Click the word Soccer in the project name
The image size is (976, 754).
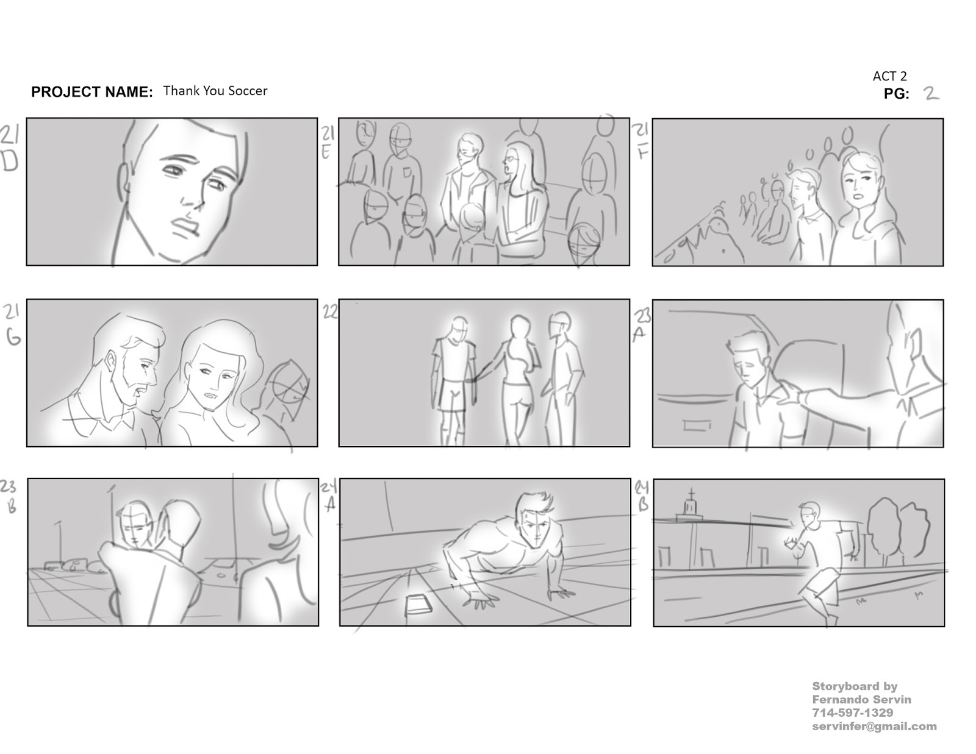[x=246, y=91]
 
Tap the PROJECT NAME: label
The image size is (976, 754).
[x=91, y=92]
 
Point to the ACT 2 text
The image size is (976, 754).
[x=889, y=76]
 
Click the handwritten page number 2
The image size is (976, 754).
[x=931, y=93]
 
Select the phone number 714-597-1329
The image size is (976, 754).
[x=852, y=713]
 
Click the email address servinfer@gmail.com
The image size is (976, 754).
[x=874, y=726]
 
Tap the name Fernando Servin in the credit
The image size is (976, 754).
[x=861, y=699]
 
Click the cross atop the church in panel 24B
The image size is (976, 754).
[x=691, y=493]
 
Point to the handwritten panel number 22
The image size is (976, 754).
[x=330, y=312]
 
